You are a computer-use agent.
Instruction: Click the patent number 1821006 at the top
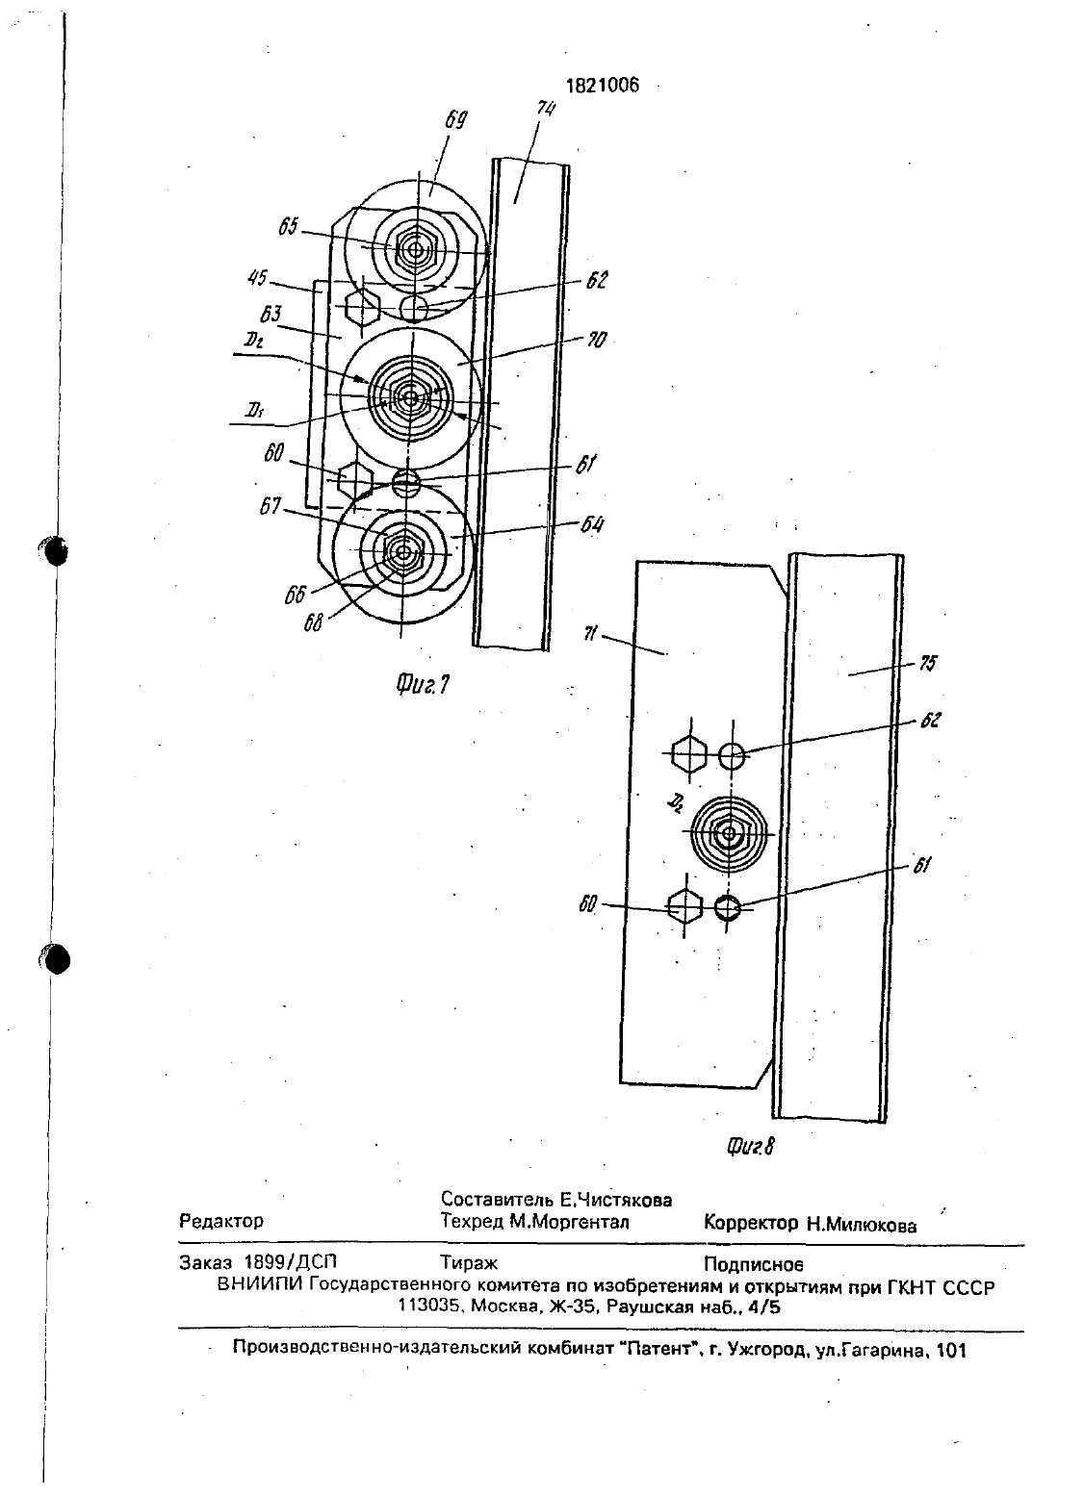pos(602,85)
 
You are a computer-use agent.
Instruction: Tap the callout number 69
pos(456,120)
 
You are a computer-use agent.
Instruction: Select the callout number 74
pos(546,109)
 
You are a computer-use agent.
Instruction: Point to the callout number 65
pos(288,226)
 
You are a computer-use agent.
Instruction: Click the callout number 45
pos(258,277)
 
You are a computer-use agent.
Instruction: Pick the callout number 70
pos(596,341)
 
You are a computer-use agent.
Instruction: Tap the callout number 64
pos(592,524)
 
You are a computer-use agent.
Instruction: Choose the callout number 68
pos(313,622)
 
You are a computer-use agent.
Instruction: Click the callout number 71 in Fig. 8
pos(590,633)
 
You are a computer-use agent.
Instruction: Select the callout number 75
pos(928,663)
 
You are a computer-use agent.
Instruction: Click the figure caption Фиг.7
pos(423,684)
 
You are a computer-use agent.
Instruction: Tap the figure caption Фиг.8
pos(751,1147)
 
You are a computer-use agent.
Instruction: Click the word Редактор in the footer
pos(221,1221)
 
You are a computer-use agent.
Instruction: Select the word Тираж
pos(469,1263)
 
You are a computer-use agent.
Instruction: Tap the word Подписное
pos(754,1264)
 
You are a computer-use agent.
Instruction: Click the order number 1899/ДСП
pos(290,1261)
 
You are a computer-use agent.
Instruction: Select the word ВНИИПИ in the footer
pos(262,1285)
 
